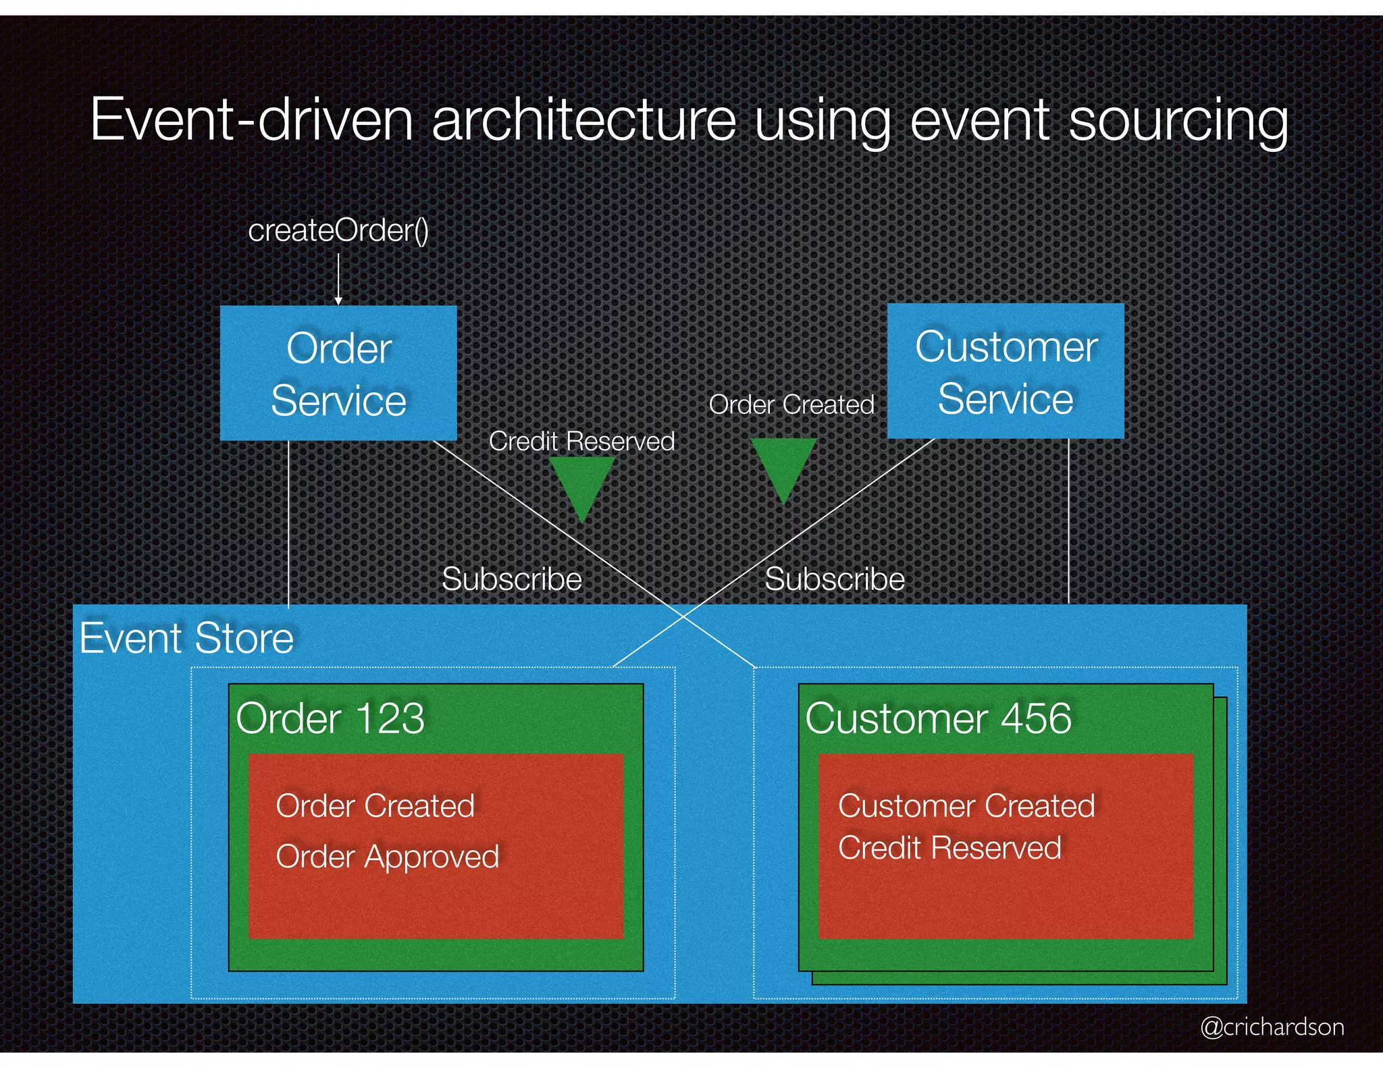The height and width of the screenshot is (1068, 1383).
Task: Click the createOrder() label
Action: click(338, 231)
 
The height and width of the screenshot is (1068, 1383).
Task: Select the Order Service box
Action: click(338, 373)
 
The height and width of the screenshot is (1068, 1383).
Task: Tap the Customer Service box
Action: click(1005, 371)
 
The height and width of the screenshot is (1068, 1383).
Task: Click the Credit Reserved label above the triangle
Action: click(581, 441)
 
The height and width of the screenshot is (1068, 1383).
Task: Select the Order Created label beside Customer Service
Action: click(791, 405)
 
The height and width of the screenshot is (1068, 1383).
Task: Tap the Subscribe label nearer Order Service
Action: click(511, 579)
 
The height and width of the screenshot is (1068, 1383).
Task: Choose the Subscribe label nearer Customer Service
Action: click(834, 579)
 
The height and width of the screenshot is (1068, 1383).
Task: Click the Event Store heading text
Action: click(186, 638)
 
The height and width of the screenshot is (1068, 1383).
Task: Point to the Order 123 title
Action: click(330, 718)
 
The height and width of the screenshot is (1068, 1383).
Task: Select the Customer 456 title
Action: click(938, 718)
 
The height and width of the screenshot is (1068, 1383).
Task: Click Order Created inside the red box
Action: click(375, 806)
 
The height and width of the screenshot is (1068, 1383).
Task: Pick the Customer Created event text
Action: click(966, 806)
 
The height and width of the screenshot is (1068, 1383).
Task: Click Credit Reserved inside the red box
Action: click(949, 848)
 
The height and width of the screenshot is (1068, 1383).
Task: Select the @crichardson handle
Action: click(1272, 1027)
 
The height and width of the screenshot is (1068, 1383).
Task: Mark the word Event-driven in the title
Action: click(251, 120)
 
